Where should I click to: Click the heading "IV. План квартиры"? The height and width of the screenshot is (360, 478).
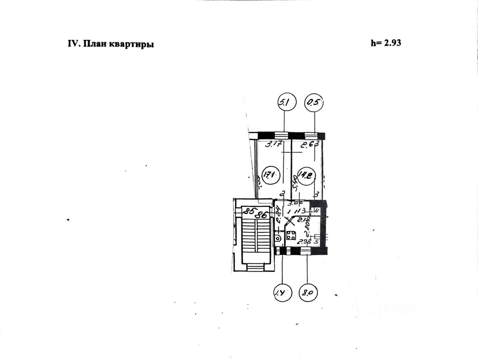point(111,44)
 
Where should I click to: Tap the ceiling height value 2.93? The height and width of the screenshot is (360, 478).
point(386,43)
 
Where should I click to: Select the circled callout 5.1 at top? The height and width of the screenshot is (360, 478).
point(285,103)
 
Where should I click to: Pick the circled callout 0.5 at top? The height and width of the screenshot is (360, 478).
point(315,103)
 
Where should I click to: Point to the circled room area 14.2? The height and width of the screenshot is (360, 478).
point(304,176)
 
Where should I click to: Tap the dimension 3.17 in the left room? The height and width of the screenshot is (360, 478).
point(273,144)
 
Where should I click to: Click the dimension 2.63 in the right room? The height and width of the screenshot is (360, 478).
point(309,144)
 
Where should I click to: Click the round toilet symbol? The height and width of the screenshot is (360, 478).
point(278,238)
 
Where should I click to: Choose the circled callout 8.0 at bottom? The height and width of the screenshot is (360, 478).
point(308,292)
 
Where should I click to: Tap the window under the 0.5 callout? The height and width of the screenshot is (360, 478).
point(311,135)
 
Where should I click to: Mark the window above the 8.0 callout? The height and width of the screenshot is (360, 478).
point(306,251)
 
